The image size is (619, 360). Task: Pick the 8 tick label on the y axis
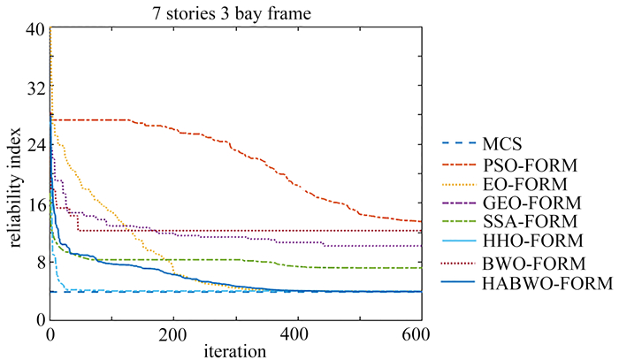pyautogui.click(x=39, y=262)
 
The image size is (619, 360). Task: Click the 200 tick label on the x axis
pyautogui.click(x=174, y=334)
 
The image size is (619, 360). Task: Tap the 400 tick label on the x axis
pyautogui.click(x=298, y=334)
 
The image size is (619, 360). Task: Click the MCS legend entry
pyautogui.click(x=499, y=144)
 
